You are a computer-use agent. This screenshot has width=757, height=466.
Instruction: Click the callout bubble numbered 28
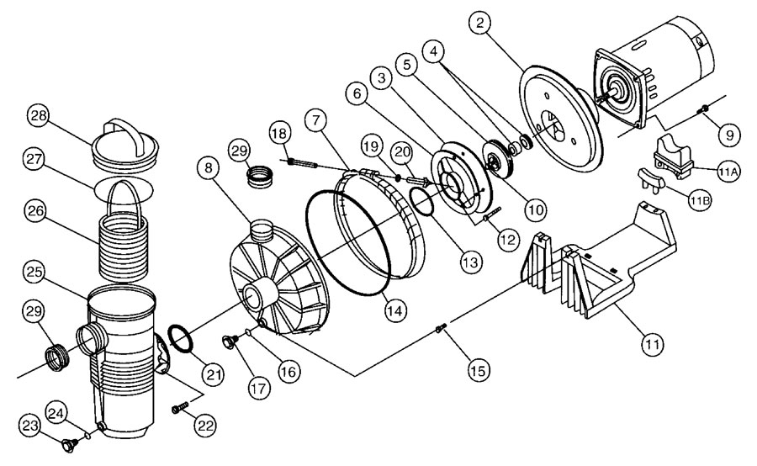pos(39,116)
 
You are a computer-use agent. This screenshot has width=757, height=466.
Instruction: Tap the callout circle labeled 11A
pos(728,172)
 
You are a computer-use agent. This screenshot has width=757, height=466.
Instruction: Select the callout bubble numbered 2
pos(480,24)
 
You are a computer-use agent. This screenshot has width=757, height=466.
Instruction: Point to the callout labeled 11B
pos(699,201)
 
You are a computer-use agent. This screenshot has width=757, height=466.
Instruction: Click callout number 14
pos(394,311)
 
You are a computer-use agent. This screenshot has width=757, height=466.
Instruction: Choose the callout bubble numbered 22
pos(205,426)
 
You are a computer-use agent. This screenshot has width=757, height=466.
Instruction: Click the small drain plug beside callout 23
pos(68,444)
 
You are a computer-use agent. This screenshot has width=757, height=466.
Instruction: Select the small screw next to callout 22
pos(179,408)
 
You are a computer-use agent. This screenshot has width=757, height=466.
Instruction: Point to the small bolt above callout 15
pos(440,328)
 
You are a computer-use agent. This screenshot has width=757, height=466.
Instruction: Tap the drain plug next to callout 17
pos(230,342)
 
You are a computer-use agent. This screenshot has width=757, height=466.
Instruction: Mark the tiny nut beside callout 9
pos(703,110)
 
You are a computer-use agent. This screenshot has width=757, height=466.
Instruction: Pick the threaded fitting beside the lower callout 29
pos(57,357)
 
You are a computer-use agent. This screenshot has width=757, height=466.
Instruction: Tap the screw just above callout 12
pos(492,214)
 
